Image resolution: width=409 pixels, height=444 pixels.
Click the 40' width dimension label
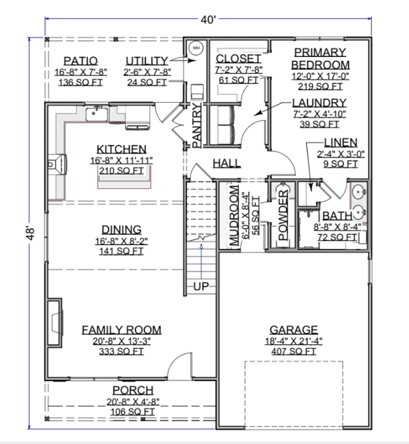pyautogui.click(x=208, y=20)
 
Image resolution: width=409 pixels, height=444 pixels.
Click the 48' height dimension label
pyautogui.click(x=31, y=233)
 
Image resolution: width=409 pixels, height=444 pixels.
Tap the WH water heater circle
pyautogui.click(x=196, y=48)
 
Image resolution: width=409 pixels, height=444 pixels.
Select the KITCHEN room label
pyautogui.click(x=121, y=149)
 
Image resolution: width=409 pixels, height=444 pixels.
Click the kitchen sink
pyautogui.click(x=97, y=114)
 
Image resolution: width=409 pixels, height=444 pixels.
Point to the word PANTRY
pyautogui.click(x=197, y=125)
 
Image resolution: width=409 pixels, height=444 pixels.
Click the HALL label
pyautogui.click(x=227, y=163)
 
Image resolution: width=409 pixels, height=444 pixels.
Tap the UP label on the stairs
pyautogui.click(x=201, y=286)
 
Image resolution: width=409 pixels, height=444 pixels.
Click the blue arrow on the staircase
pyautogui.click(x=201, y=261)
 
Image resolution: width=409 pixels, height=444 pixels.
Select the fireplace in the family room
pyautogui.click(x=55, y=322)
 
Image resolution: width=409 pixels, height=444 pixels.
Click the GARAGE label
pyautogui.click(x=294, y=330)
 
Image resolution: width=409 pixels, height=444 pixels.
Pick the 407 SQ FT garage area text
pyautogui.click(x=294, y=351)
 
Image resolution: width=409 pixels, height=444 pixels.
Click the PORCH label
pyautogui.click(x=133, y=390)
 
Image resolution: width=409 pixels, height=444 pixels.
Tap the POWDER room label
pyautogui.click(x=283, y=215)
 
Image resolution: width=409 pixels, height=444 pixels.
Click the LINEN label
pyautogui.click(x=341, y=143)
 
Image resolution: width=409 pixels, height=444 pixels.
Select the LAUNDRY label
pyautogui.click(x=319, y=103)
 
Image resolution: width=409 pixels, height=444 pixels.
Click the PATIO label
pyautogui.click(x=81, y=61)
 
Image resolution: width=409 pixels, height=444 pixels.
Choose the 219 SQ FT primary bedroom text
pyautogui.click(x=320, y=86)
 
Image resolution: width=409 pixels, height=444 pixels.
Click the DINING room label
pyautogui.click(x=121, y=230)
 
